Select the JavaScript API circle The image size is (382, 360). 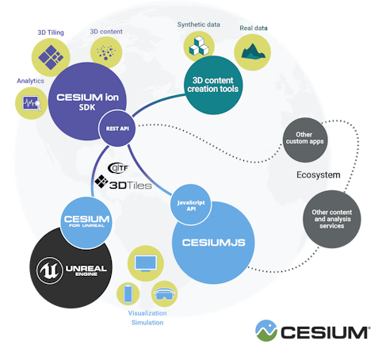[188, 208]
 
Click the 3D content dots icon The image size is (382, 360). [103, 52]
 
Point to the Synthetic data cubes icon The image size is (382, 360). [197, 47]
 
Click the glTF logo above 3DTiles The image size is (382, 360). [118, 167]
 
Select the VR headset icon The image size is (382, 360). [163, 294]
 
